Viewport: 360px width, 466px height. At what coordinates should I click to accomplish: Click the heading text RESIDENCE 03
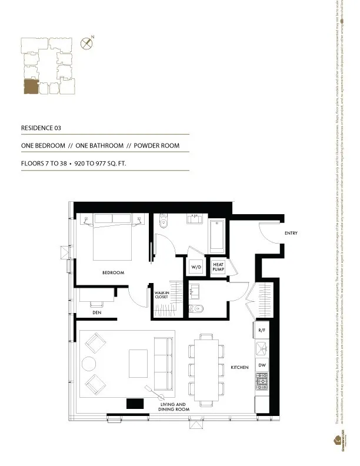pos(41,128)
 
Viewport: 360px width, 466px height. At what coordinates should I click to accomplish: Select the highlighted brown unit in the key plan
pos(31,86)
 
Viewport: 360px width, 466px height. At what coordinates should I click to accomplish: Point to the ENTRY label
pos(291,234)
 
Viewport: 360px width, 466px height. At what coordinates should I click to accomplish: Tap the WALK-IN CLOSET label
pos(161,295)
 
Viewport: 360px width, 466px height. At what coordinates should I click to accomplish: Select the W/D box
pos(196,267)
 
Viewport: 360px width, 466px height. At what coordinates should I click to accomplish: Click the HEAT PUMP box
pos(218,267)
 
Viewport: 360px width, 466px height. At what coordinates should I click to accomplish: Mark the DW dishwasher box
pos(262,365)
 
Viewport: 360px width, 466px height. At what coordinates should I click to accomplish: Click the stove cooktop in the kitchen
pos(262,384)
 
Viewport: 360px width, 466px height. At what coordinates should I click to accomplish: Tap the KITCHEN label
pos(239,368)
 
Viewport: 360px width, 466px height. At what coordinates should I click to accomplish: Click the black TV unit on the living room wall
pos(135,404)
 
